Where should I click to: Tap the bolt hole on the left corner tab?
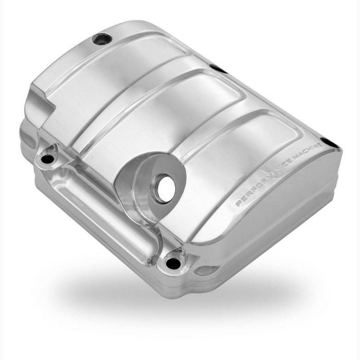47,158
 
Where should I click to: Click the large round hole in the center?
166,188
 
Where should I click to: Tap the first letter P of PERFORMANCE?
239,203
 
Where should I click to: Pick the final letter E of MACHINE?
319,144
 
